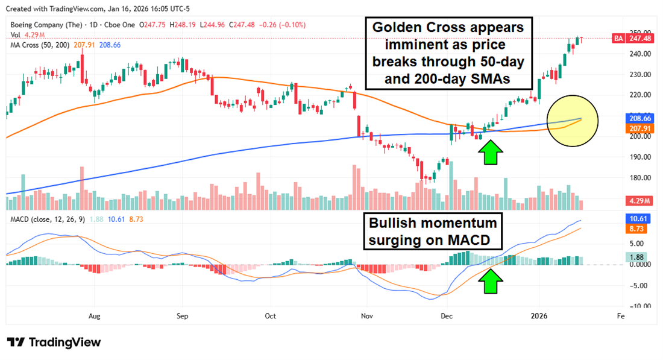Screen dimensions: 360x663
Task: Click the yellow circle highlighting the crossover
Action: click(x=573, y=121)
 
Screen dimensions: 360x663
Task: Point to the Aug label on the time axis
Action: click(x=93, y=315)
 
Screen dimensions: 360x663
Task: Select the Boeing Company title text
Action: click(x=43, y=25)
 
